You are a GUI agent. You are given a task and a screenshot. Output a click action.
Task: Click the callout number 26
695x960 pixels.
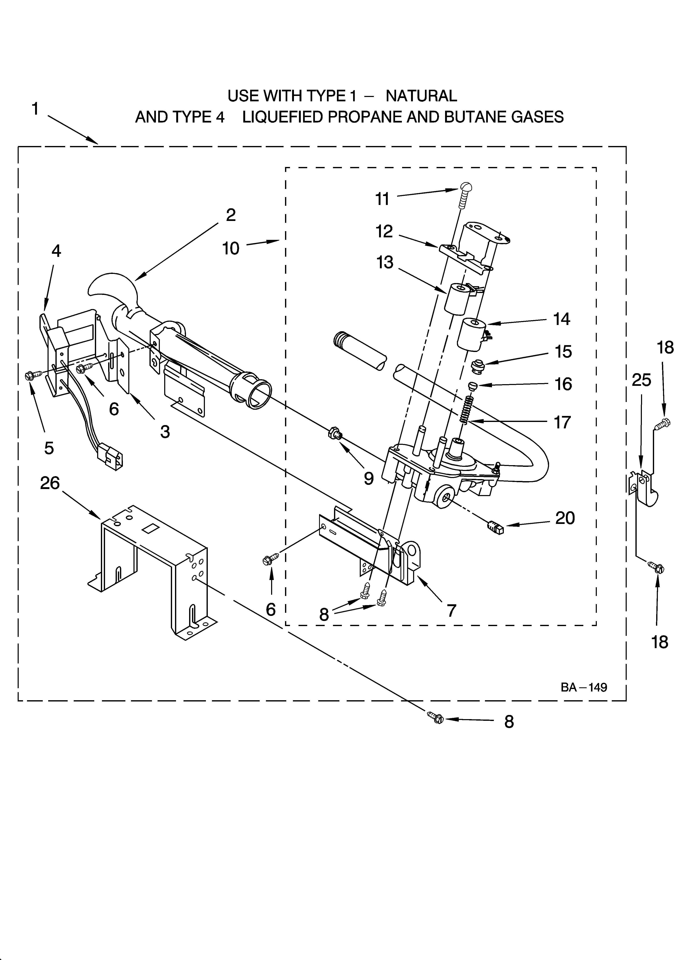point(50,483)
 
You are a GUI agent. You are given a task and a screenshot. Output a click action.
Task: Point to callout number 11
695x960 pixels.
point(382,199)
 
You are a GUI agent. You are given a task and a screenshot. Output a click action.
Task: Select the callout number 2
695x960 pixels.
point(231,215)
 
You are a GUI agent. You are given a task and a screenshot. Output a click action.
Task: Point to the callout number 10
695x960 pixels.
point(231,249)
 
